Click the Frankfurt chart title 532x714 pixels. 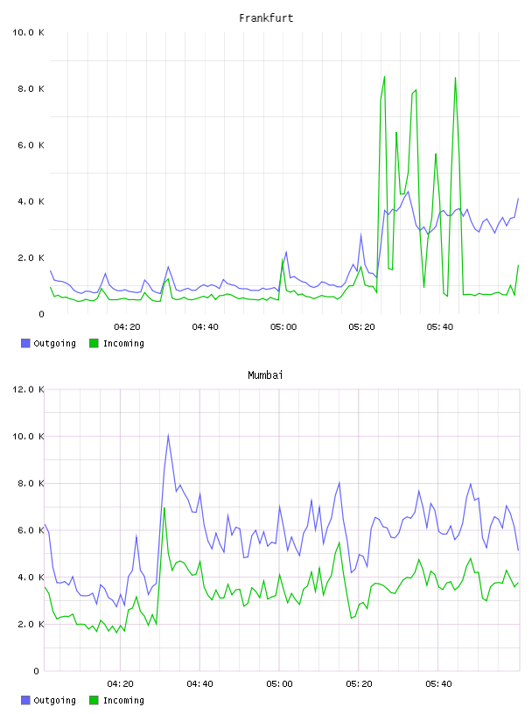(266, 18)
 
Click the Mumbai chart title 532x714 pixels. (265, 375)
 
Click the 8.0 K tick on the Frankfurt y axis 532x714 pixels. (31, 88)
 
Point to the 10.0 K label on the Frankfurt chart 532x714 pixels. (28, 32)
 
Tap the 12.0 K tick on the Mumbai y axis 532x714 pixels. (28, 389)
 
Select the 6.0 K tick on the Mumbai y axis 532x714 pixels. (31, 530)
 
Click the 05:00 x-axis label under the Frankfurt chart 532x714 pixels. (283, 327)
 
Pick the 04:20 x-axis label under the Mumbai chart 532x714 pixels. (120, 684)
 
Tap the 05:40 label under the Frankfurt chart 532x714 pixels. (440, 327)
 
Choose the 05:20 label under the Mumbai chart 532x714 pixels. (359, 684)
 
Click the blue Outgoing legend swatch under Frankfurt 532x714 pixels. (25, 343)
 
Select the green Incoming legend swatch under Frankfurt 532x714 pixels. (94, 343)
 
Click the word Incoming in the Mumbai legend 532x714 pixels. (123, 700)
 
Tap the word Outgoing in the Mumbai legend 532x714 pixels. (54, 700)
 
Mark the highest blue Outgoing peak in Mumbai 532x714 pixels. (168, 435)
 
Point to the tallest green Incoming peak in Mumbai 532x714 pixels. (164, 507)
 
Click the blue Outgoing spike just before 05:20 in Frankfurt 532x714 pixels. (360, 235)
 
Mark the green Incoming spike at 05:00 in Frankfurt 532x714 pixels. (283, 261)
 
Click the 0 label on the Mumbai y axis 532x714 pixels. (36, 671)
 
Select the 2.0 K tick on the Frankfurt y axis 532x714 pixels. (31, 258)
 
